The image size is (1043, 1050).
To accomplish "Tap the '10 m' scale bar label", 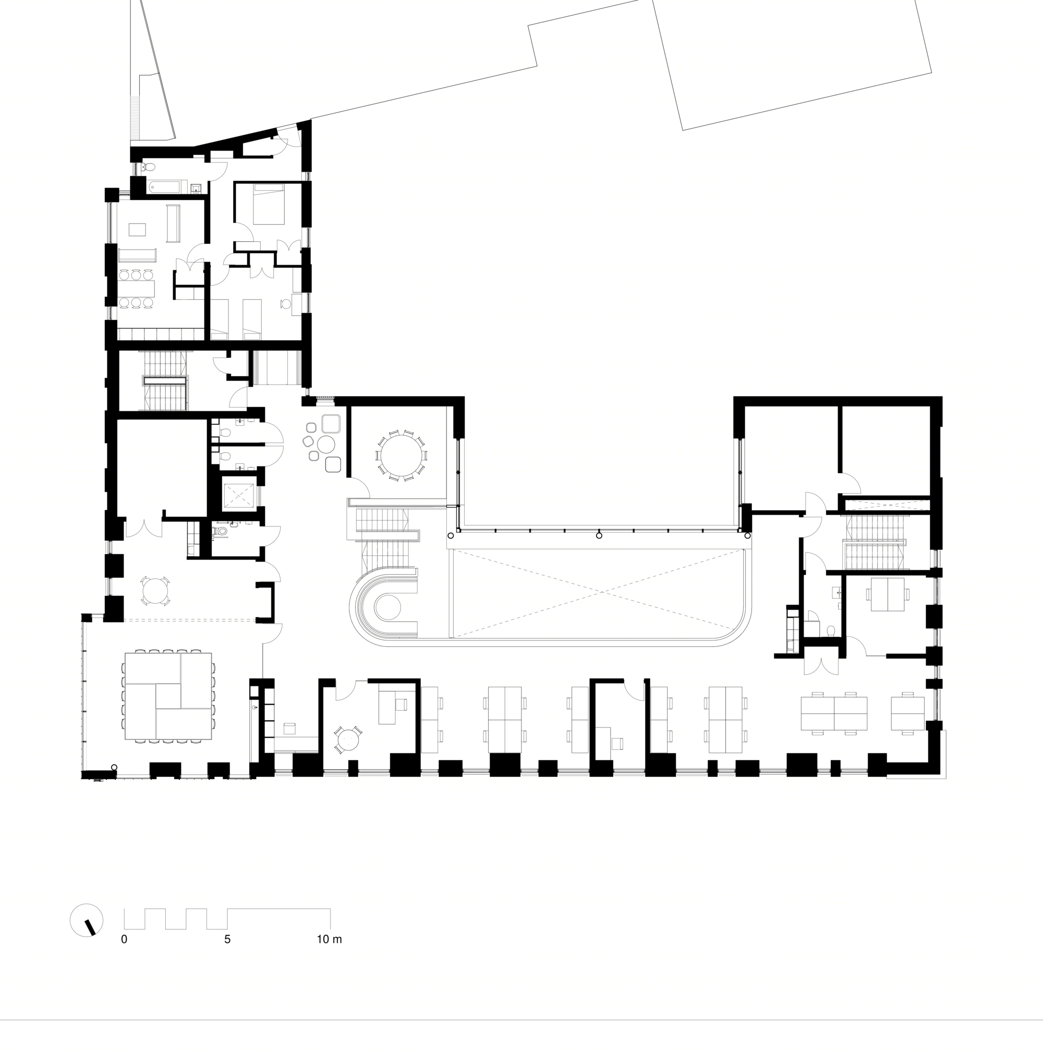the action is coord(329,939).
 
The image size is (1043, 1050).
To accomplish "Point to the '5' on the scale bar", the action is coord(227,939).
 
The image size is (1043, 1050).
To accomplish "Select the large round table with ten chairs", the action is coord(402,455).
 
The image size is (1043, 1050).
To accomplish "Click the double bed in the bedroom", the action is coord(269,204).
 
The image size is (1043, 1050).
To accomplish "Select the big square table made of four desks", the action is coord(168,696).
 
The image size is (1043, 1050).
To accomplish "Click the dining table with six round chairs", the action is coord(137,288).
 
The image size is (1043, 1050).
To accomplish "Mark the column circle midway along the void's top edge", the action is coord(599,535).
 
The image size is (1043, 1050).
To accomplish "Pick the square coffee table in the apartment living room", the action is coord(137,229).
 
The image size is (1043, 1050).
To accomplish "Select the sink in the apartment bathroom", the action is coord(197,189).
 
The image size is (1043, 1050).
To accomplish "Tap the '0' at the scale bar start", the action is coord(124,939).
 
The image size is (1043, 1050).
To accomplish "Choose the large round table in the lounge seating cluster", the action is coord(328,444).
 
